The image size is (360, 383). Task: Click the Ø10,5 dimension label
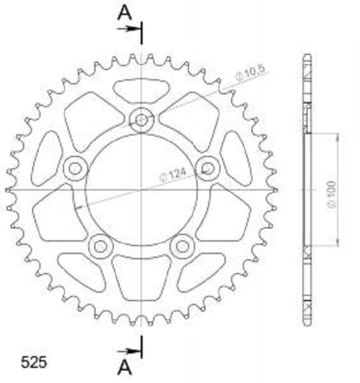pyautogui.click(x=250, y=73)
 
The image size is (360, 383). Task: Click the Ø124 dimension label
pyautogui.click(x=172, y=175)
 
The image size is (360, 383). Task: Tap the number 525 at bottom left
pyautogui.click(x=33, y=362)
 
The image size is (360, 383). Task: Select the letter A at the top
pyautogui.click(x=124, y=13)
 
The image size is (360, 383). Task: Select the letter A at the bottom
pyautogui.click(x=124, y=368)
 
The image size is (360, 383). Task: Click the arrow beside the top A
pyautogui.click(x=129, y=29)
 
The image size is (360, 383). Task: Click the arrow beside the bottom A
pyautogui.click(x=129, y=352)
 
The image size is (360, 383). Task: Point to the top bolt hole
pyautogui.click(x=141, y=120)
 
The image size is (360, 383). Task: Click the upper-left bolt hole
pyautogui.click(x=75, y=168)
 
